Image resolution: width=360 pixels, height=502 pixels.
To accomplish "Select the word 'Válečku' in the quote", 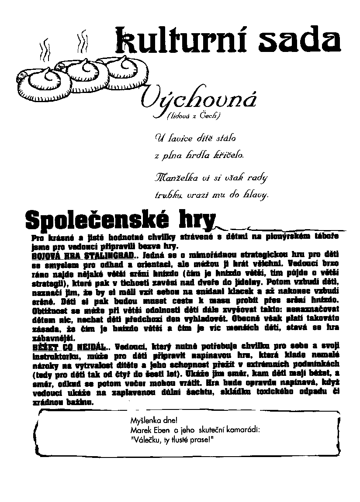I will click(147, 439).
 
